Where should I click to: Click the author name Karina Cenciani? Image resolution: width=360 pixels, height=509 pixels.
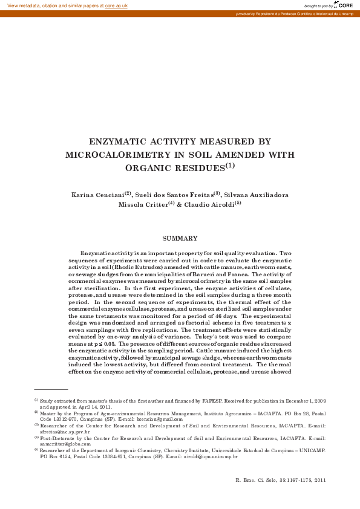click(x=99, y=195)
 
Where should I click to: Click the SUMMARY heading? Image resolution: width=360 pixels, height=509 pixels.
click(x=180, y=239)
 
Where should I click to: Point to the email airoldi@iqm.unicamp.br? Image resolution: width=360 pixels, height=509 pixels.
click(x=208, y=457)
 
